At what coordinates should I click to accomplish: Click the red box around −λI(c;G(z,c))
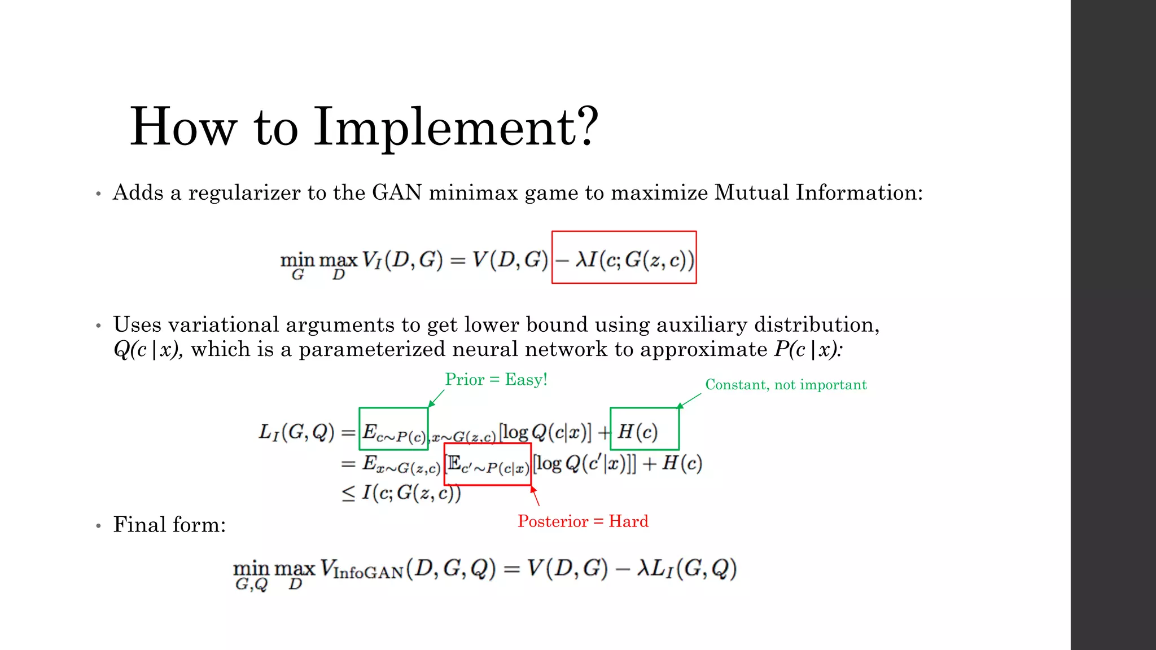click(x=624, y=257)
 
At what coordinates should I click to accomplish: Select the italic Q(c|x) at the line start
click(x=148, y=350)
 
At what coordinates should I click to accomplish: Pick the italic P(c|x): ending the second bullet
click(x=808, y=350)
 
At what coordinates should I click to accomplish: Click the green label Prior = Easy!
click(x=496, y=379)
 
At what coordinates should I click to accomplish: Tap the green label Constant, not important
click(x=786, y=385)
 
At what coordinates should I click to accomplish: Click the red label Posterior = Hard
click(x=583, y=521)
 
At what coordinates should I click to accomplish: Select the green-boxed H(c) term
click(x=644, y=429)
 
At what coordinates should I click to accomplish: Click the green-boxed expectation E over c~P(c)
click(x=393, y=429)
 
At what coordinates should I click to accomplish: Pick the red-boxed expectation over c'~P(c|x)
click(x=488, y=464)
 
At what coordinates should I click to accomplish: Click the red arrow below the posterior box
click(x=535, y=496)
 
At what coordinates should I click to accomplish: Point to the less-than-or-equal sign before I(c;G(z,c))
click(x=348, y=493)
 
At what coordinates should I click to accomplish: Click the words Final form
click(x=169, y=525)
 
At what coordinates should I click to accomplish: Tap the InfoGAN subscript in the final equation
click(x=368, y=573)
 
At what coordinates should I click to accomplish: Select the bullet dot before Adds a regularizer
click(x=98, y=194)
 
